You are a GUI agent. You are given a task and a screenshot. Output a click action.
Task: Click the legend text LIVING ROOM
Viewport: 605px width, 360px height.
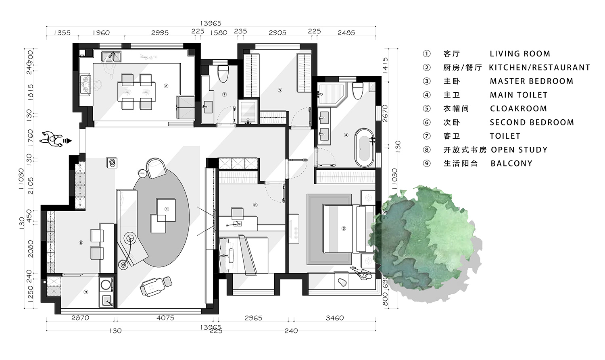coord(519,54)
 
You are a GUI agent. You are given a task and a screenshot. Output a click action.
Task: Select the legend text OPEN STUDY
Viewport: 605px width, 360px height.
coord(519,150)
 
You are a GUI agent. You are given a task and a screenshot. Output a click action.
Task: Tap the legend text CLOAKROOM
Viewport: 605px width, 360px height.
coord(518,108)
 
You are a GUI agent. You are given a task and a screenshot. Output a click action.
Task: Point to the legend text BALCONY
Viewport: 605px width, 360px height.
coord(511,163)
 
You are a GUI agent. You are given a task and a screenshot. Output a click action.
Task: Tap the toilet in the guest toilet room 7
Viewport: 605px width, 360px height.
coord(223,73)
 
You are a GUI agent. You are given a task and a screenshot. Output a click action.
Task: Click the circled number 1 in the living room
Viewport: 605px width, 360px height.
coord(167,209)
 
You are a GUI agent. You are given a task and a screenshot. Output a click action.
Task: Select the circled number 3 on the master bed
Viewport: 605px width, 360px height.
coord(344,229)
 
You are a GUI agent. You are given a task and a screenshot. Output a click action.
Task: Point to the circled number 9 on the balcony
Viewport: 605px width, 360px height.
coord(86,292)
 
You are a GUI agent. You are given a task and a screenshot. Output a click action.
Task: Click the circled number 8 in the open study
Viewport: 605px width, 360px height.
coord(81,243)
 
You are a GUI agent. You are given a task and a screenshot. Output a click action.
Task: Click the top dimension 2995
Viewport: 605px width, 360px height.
coord(160,33)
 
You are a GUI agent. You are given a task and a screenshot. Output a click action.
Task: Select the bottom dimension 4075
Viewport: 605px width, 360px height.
coord(165,318)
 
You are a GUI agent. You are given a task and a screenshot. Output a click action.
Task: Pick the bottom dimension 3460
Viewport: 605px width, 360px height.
coord(334,318)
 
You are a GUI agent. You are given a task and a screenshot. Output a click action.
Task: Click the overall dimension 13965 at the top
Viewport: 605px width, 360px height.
coord(211,23)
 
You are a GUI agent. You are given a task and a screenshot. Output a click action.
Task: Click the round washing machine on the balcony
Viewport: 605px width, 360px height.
coord(106,285)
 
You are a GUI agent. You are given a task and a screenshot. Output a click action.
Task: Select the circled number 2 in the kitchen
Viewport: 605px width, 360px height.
coord(166,86)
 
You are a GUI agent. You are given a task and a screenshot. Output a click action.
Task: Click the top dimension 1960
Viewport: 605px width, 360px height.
coord(100,33)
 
